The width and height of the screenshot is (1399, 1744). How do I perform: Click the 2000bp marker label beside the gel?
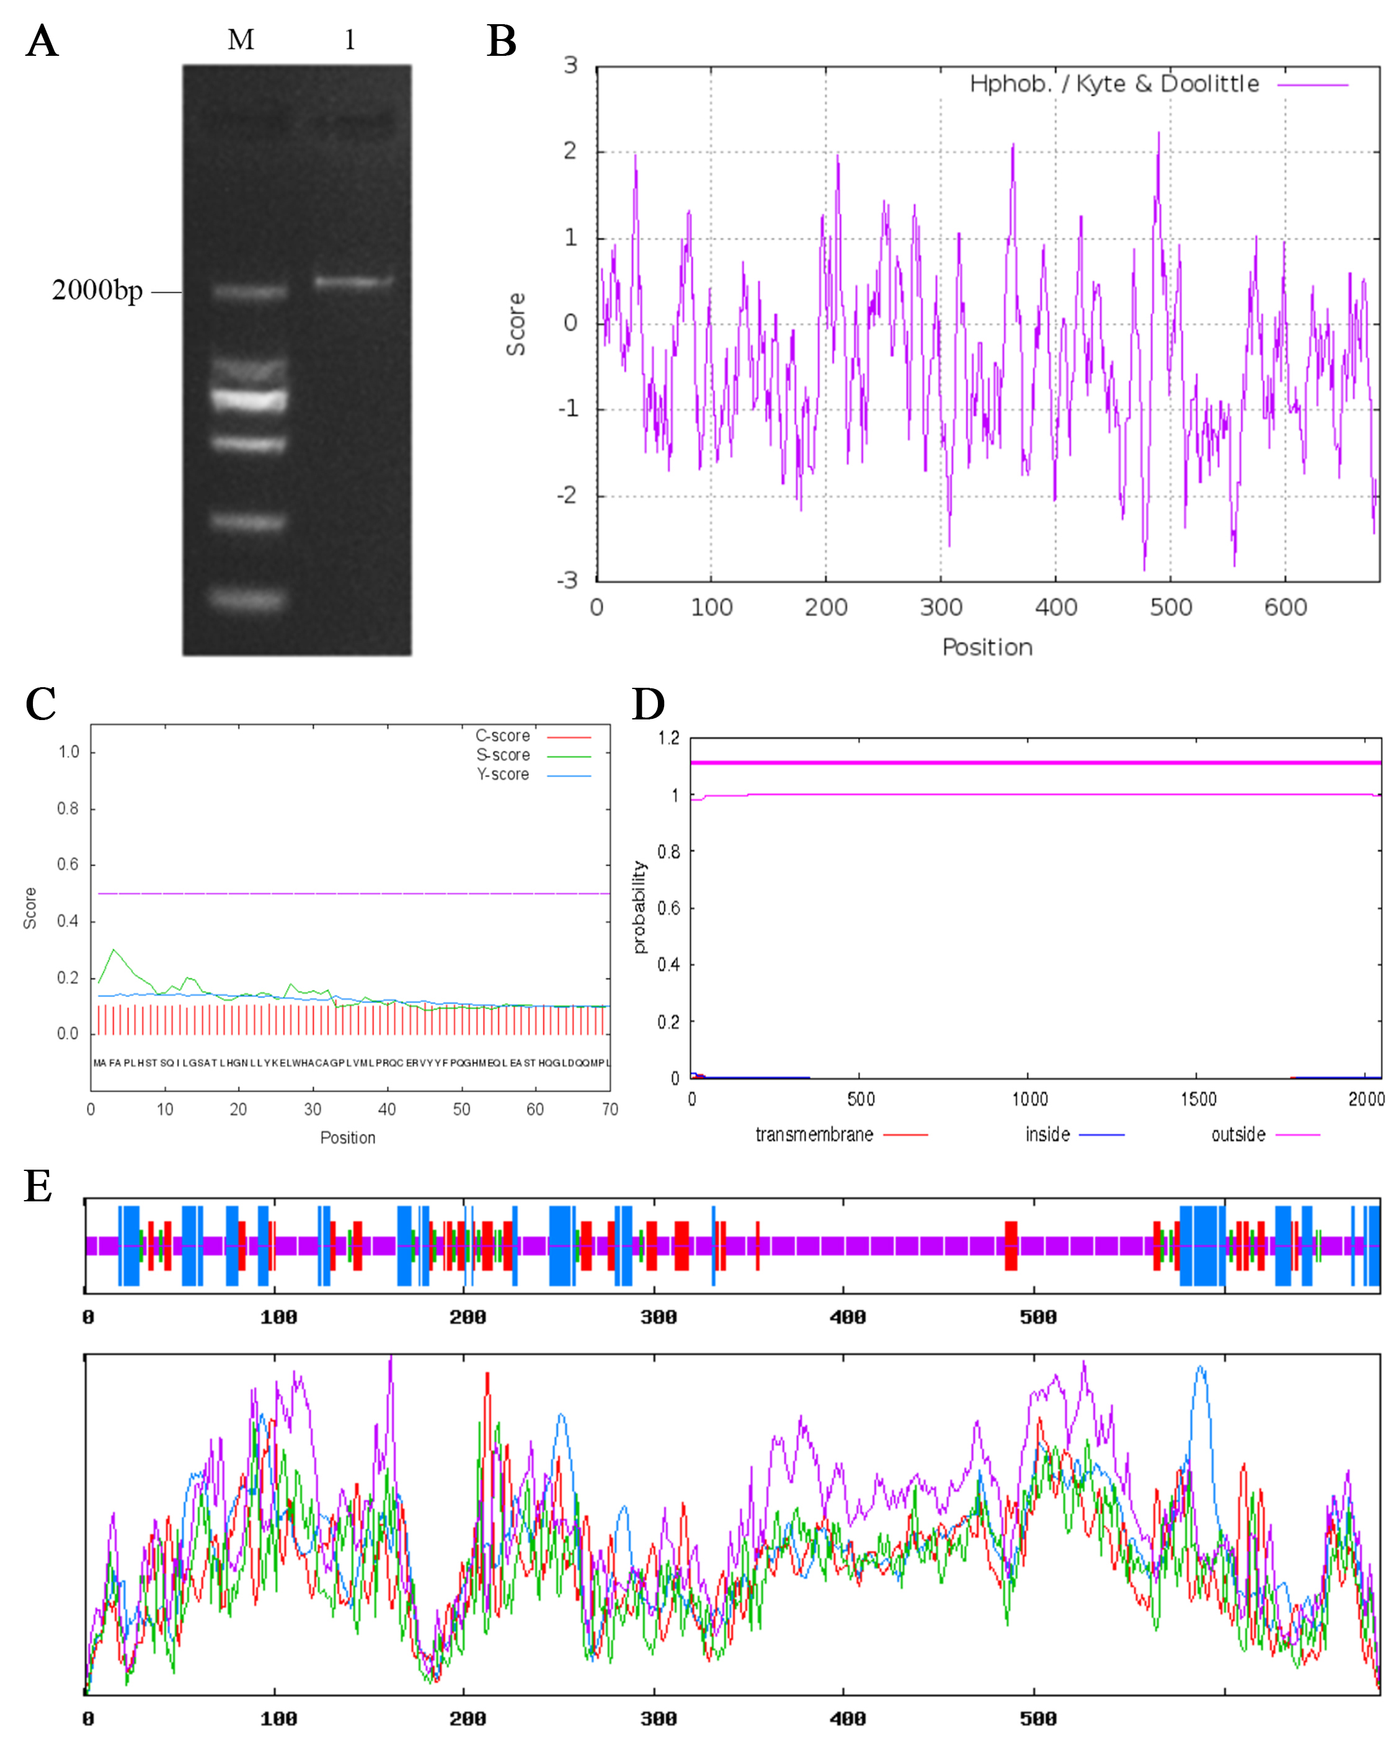point(97,290)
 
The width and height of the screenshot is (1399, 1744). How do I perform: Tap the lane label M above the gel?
point(241,40)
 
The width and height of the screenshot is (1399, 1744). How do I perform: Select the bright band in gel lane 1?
point(353,282)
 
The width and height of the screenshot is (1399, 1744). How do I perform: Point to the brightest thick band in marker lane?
point(249,399)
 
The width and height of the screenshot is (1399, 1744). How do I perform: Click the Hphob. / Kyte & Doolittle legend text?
point(1114,84)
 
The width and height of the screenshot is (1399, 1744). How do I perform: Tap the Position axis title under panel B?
point(987,647)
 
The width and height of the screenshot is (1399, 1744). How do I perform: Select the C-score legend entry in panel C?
point(503,736)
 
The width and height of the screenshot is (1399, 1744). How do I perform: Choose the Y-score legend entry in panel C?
point(503,775)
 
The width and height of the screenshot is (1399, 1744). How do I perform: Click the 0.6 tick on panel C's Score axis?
point(68,865)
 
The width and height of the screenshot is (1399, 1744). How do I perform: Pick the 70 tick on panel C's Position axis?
point(610,1110)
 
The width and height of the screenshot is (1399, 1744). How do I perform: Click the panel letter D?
point(648,704)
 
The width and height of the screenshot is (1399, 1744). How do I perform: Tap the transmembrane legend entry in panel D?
point(814,1135)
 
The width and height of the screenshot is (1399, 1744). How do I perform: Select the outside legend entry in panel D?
point(1238,1135)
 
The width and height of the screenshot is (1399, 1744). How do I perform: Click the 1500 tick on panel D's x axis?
point(1197,1099)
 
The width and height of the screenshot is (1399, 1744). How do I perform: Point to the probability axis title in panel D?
point(640,907)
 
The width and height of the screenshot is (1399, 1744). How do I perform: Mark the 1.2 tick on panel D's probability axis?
point(668,737)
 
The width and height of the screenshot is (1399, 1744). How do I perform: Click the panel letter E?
point(38,1186)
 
